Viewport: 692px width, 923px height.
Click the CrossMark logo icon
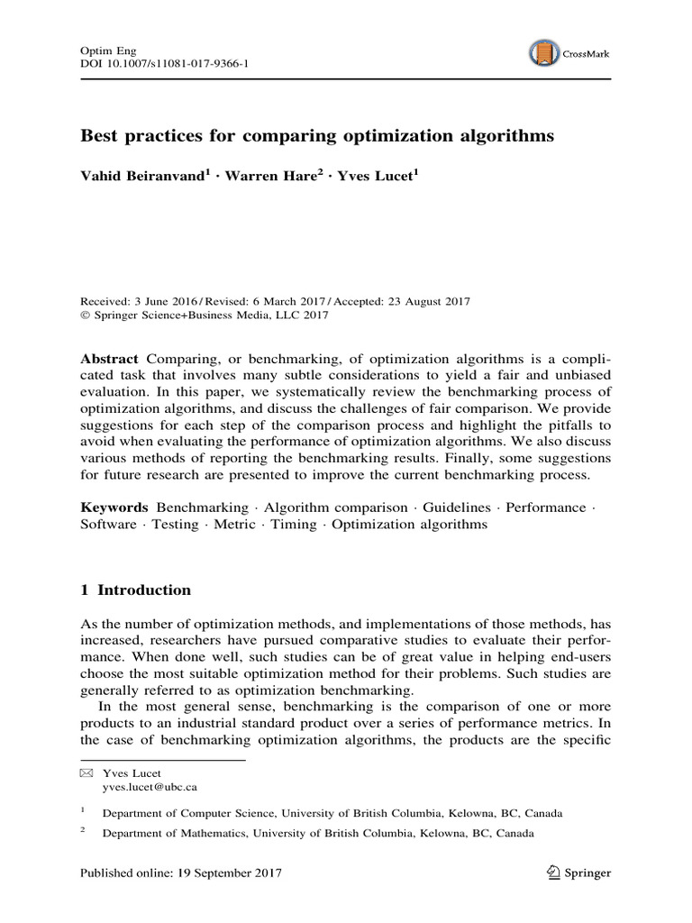tap(544, 53)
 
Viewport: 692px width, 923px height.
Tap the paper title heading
tap(318, 137)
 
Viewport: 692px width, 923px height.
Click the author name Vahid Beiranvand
tap(149, 176)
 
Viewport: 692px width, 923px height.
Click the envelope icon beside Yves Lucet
tap(86, 772)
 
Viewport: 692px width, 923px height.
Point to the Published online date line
tap(181, 873)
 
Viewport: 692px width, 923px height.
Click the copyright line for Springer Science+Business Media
tap(205, 315)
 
